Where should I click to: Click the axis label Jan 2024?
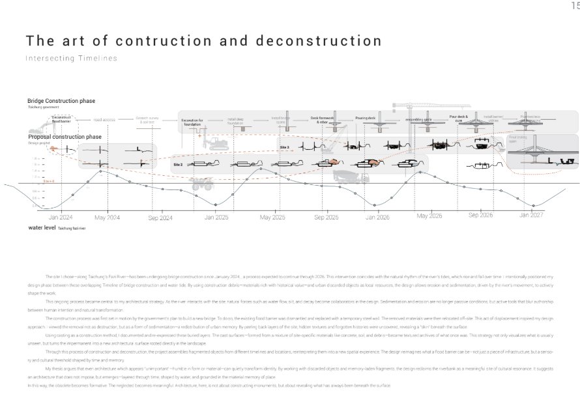click(x=61, y=217)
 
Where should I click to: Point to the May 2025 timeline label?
click(x=272, y=217)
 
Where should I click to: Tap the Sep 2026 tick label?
click(x=481, y=215)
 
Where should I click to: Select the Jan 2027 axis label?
click(x=531, y=214)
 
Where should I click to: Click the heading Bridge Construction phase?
click(x=61, y=102)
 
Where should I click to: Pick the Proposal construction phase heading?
click(x=65, y=137)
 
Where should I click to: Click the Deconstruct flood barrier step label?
click(x=61, y=119)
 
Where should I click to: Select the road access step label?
click(x=105, y=120)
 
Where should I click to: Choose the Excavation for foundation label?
click(x=192, y=122)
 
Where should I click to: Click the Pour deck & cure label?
click(x=459, y=119)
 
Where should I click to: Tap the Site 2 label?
click(x=178, y=165)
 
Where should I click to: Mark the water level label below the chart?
click(x=41, y=228)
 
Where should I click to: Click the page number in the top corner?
click(x=575, y=6)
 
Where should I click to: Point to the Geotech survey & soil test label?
click(x=146, y=120)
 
